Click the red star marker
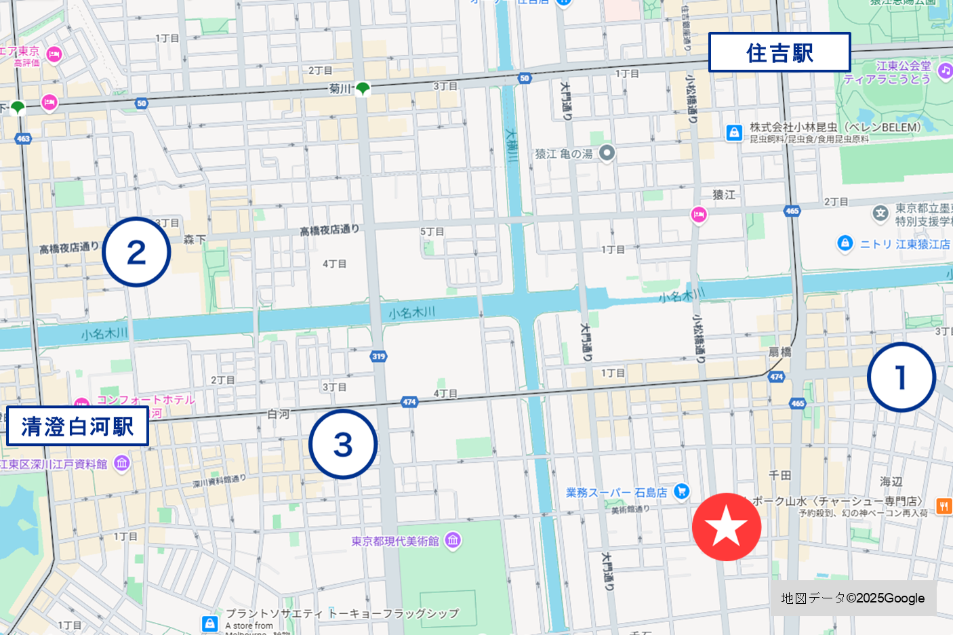point(727,527)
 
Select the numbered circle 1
point(901,377)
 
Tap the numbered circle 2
point(136,252)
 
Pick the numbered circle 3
point(343,445)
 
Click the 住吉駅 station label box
point(779,52)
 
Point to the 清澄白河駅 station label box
point(77,426)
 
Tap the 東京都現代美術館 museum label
point(395,541)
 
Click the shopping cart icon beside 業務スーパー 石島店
point(681,492)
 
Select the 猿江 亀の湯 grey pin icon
point(607,153)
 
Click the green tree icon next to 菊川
point(363,88)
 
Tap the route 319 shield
point(378,356)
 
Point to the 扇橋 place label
point(779,352)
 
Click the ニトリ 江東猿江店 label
point(904,244)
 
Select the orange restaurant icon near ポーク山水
point(944,505)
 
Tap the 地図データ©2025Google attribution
point(853,598)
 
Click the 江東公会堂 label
point(903,66)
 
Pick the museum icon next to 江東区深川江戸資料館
point(122,464)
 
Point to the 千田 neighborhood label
point(779,475)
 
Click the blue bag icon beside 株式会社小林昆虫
point(734,133)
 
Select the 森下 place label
point(195,239)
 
